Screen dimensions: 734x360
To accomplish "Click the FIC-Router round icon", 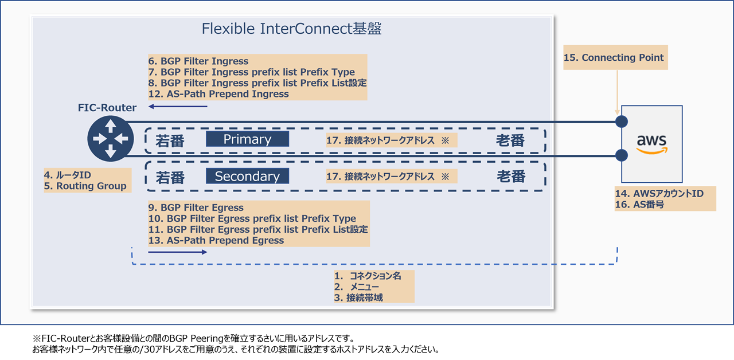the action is coord(111,139).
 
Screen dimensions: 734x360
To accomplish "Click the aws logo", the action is coord(652,144).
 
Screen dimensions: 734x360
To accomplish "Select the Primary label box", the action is coord(247,139).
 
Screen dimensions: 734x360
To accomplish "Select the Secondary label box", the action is coord(247,176).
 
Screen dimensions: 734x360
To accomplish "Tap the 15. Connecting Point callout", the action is coord(615,57).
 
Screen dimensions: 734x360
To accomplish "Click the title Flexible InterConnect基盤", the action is coord(291,29).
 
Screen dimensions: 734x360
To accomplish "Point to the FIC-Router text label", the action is coord(107,107).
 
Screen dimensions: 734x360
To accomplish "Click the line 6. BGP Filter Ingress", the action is coord(198,61).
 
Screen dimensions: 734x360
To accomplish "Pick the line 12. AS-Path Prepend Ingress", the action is coord(218,93).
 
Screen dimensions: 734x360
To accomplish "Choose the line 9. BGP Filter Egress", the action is coord(196,208).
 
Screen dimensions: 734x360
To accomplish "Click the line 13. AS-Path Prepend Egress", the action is coord(216,240).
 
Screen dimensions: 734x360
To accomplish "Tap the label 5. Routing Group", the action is coord(85,186).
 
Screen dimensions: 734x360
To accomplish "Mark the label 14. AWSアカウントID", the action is coord(659,193).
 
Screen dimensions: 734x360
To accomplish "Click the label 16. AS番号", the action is coord(639,205).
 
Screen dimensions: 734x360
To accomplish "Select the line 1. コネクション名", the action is coord(368,276).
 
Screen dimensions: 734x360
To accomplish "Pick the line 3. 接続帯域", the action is coord(358,298).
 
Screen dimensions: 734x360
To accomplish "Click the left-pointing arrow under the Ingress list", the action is coord(178,107).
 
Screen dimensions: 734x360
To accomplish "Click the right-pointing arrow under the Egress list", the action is coord(178,252).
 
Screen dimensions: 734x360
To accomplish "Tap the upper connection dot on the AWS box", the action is coord(622,122).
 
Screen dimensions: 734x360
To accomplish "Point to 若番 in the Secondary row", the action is coord(170,178).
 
